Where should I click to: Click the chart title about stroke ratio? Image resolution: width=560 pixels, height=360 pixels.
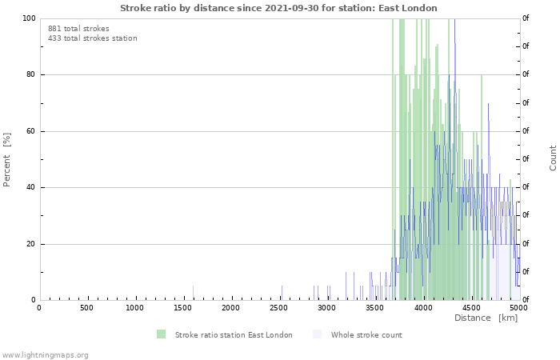[x=278, y=8]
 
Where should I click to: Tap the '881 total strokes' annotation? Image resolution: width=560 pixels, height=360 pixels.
[x=78, y=29]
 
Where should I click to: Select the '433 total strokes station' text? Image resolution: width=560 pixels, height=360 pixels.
[x=93, y=38]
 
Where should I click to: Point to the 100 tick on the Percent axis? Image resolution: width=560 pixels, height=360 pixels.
[x=29, y=18]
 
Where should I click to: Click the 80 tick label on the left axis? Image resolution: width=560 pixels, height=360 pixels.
[x=30, y=74]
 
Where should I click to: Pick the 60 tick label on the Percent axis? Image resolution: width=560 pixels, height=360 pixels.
[x=30, y=131]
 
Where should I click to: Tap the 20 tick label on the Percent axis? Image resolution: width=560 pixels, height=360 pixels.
[x=30, y=244]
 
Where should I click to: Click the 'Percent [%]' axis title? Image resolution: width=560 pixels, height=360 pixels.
[x=6, y=160]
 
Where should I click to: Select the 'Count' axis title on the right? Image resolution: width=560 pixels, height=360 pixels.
[x=553, y=158]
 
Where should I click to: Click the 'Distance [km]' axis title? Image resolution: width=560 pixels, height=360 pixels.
[x=486, y=318]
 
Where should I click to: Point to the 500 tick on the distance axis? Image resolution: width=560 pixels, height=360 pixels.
[x=86, y=308]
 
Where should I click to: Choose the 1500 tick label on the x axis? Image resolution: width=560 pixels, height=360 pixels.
[x=182, y=308]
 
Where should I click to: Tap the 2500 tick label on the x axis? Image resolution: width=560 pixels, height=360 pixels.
[x=278, y=308]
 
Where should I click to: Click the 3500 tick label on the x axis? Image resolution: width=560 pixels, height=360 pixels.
[x=374, y=308]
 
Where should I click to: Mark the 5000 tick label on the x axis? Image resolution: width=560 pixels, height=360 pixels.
[x=518, y=308]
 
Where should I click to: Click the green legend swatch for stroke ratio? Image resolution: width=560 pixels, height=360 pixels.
[x=161, y=334]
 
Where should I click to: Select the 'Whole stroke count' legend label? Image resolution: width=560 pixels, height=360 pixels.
[x=366, y=335]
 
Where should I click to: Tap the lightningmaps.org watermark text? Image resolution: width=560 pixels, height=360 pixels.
[x=45, y=355]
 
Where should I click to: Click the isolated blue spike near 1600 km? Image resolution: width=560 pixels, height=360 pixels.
[x=194, y=293]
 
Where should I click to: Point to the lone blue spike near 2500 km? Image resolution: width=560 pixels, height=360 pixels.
[x=282, y=293]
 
